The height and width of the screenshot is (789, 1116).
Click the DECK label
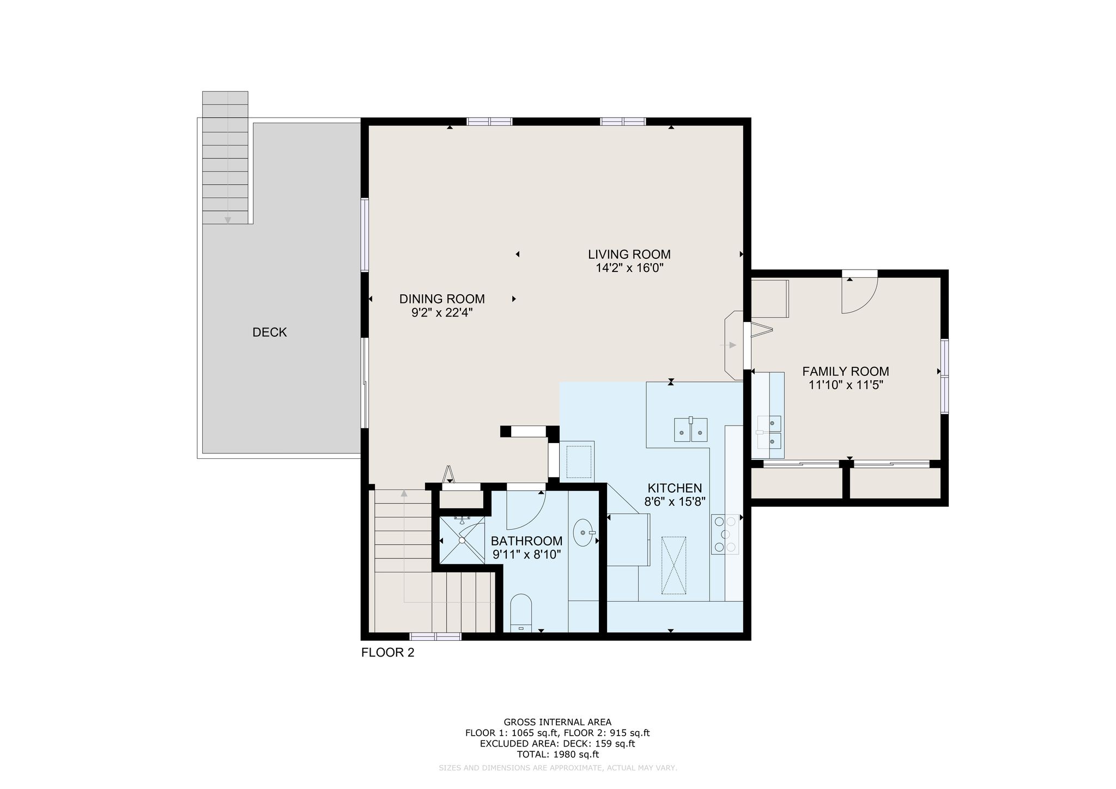(270, 332)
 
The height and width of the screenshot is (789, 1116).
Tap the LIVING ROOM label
(629, 254)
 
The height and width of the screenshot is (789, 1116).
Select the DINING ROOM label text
(442, 299)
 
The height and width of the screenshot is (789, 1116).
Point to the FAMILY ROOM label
(845, 372)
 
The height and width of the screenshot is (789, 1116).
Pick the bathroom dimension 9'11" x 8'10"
(527, 555)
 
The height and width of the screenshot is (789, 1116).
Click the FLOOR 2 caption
(388, 653)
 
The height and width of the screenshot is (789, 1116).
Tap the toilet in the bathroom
(521, 613)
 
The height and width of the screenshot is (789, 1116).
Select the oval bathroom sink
(584, 532)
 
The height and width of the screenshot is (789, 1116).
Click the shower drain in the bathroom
(462, 541)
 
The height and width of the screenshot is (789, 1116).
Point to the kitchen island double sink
(691, 429)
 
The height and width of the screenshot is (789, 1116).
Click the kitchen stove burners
(725, 534)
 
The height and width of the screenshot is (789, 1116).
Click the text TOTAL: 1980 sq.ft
(557, 755)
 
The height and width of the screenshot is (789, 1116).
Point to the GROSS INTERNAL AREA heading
(557, 723)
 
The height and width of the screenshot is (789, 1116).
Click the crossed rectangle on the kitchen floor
(674, 566)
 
